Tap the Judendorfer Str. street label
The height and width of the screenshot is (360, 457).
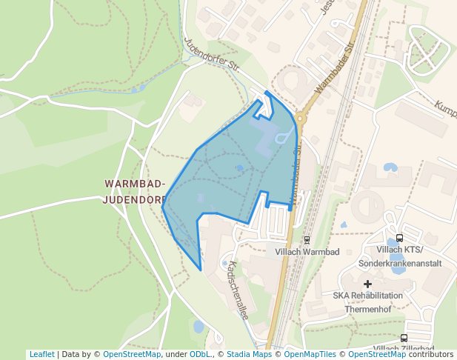point(213,55)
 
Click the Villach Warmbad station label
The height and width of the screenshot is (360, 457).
point(307,252)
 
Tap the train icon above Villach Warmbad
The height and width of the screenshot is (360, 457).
point(307,239)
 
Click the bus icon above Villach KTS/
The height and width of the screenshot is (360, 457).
point(400,238)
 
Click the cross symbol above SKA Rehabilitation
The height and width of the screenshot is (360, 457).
point(367,284)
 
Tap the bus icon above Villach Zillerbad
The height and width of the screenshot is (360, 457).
point(404,338)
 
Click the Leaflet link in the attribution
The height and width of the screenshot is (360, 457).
point(41,354)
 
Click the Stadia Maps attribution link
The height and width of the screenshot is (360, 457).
point(249,354)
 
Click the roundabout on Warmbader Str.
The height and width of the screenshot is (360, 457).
point(301,118)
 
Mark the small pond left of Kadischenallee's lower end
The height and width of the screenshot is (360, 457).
point(199,326)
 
